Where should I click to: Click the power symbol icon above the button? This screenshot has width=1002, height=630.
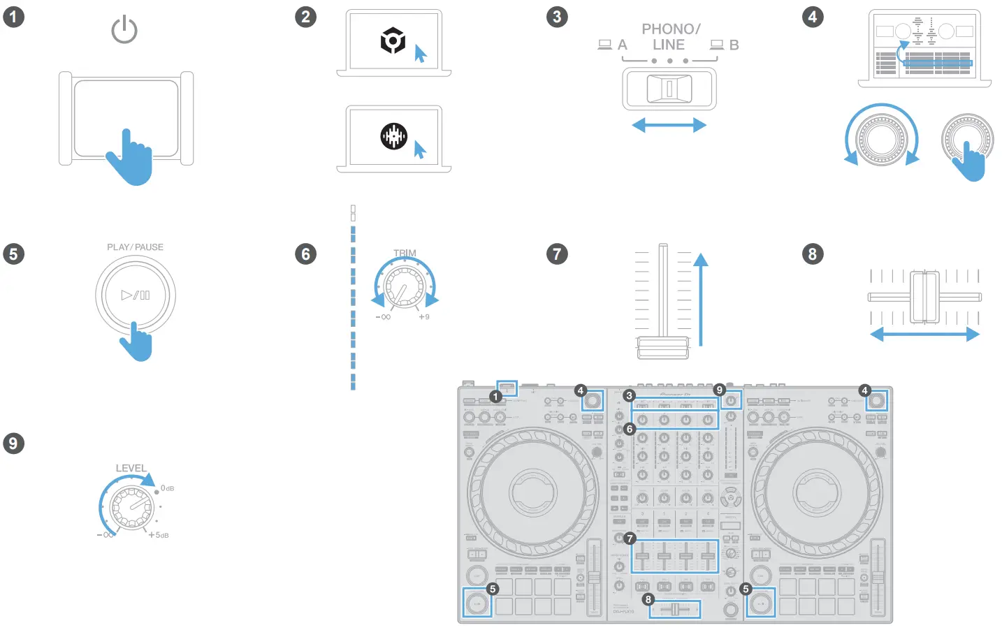(124, 30)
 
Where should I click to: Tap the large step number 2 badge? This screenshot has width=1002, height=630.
(305, 17)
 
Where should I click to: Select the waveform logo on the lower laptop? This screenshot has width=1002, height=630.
(393, 136)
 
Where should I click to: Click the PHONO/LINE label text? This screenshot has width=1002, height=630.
(670, 37)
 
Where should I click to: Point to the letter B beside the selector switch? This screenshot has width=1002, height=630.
(734, 45)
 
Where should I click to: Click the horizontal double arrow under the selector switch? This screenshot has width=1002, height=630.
(669, 126)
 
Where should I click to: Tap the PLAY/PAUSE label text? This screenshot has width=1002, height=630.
(135, 247)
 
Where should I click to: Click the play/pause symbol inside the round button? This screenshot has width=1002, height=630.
(136, 295)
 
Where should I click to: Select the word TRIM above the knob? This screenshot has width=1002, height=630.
(405, 253)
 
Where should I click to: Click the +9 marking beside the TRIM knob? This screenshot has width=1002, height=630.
(424, 317)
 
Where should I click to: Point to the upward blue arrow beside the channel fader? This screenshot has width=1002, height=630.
(700, 297)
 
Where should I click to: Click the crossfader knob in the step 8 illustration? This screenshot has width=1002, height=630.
(924, 297)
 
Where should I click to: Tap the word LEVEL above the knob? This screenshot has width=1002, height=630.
(131, 468)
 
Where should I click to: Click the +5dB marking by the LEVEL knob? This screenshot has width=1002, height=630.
(159, 535)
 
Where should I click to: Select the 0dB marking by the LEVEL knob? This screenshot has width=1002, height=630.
(168, 488)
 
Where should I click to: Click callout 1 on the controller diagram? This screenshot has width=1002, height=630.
(496, 397)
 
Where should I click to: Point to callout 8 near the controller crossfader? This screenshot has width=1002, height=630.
(648, 599)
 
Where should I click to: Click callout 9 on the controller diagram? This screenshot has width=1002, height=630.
(719, 390)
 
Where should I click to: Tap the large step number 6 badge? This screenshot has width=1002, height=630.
(305, 254)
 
